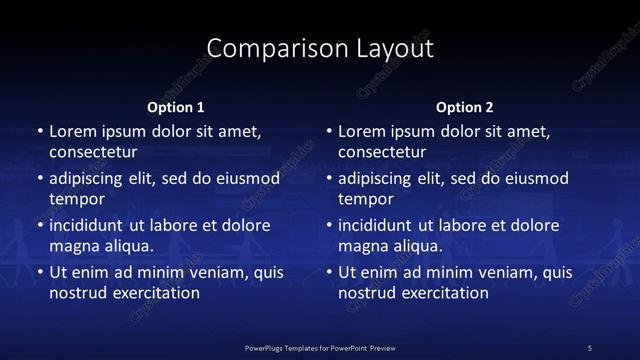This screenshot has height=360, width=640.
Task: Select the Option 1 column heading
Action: [176, 107]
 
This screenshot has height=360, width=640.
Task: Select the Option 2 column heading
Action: [465, 107]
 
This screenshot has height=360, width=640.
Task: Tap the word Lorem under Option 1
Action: [71, 131]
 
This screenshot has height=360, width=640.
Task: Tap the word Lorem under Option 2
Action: [361, 131]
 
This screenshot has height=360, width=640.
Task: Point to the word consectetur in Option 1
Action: [93, 153]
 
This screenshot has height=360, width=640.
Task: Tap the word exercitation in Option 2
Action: [443, 293]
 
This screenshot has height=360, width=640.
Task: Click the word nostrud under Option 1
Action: [76, 293]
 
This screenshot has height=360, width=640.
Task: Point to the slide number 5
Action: [590, 347]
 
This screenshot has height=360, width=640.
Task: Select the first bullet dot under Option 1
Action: [39, 131]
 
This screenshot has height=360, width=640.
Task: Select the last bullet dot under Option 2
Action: [329, 271]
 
